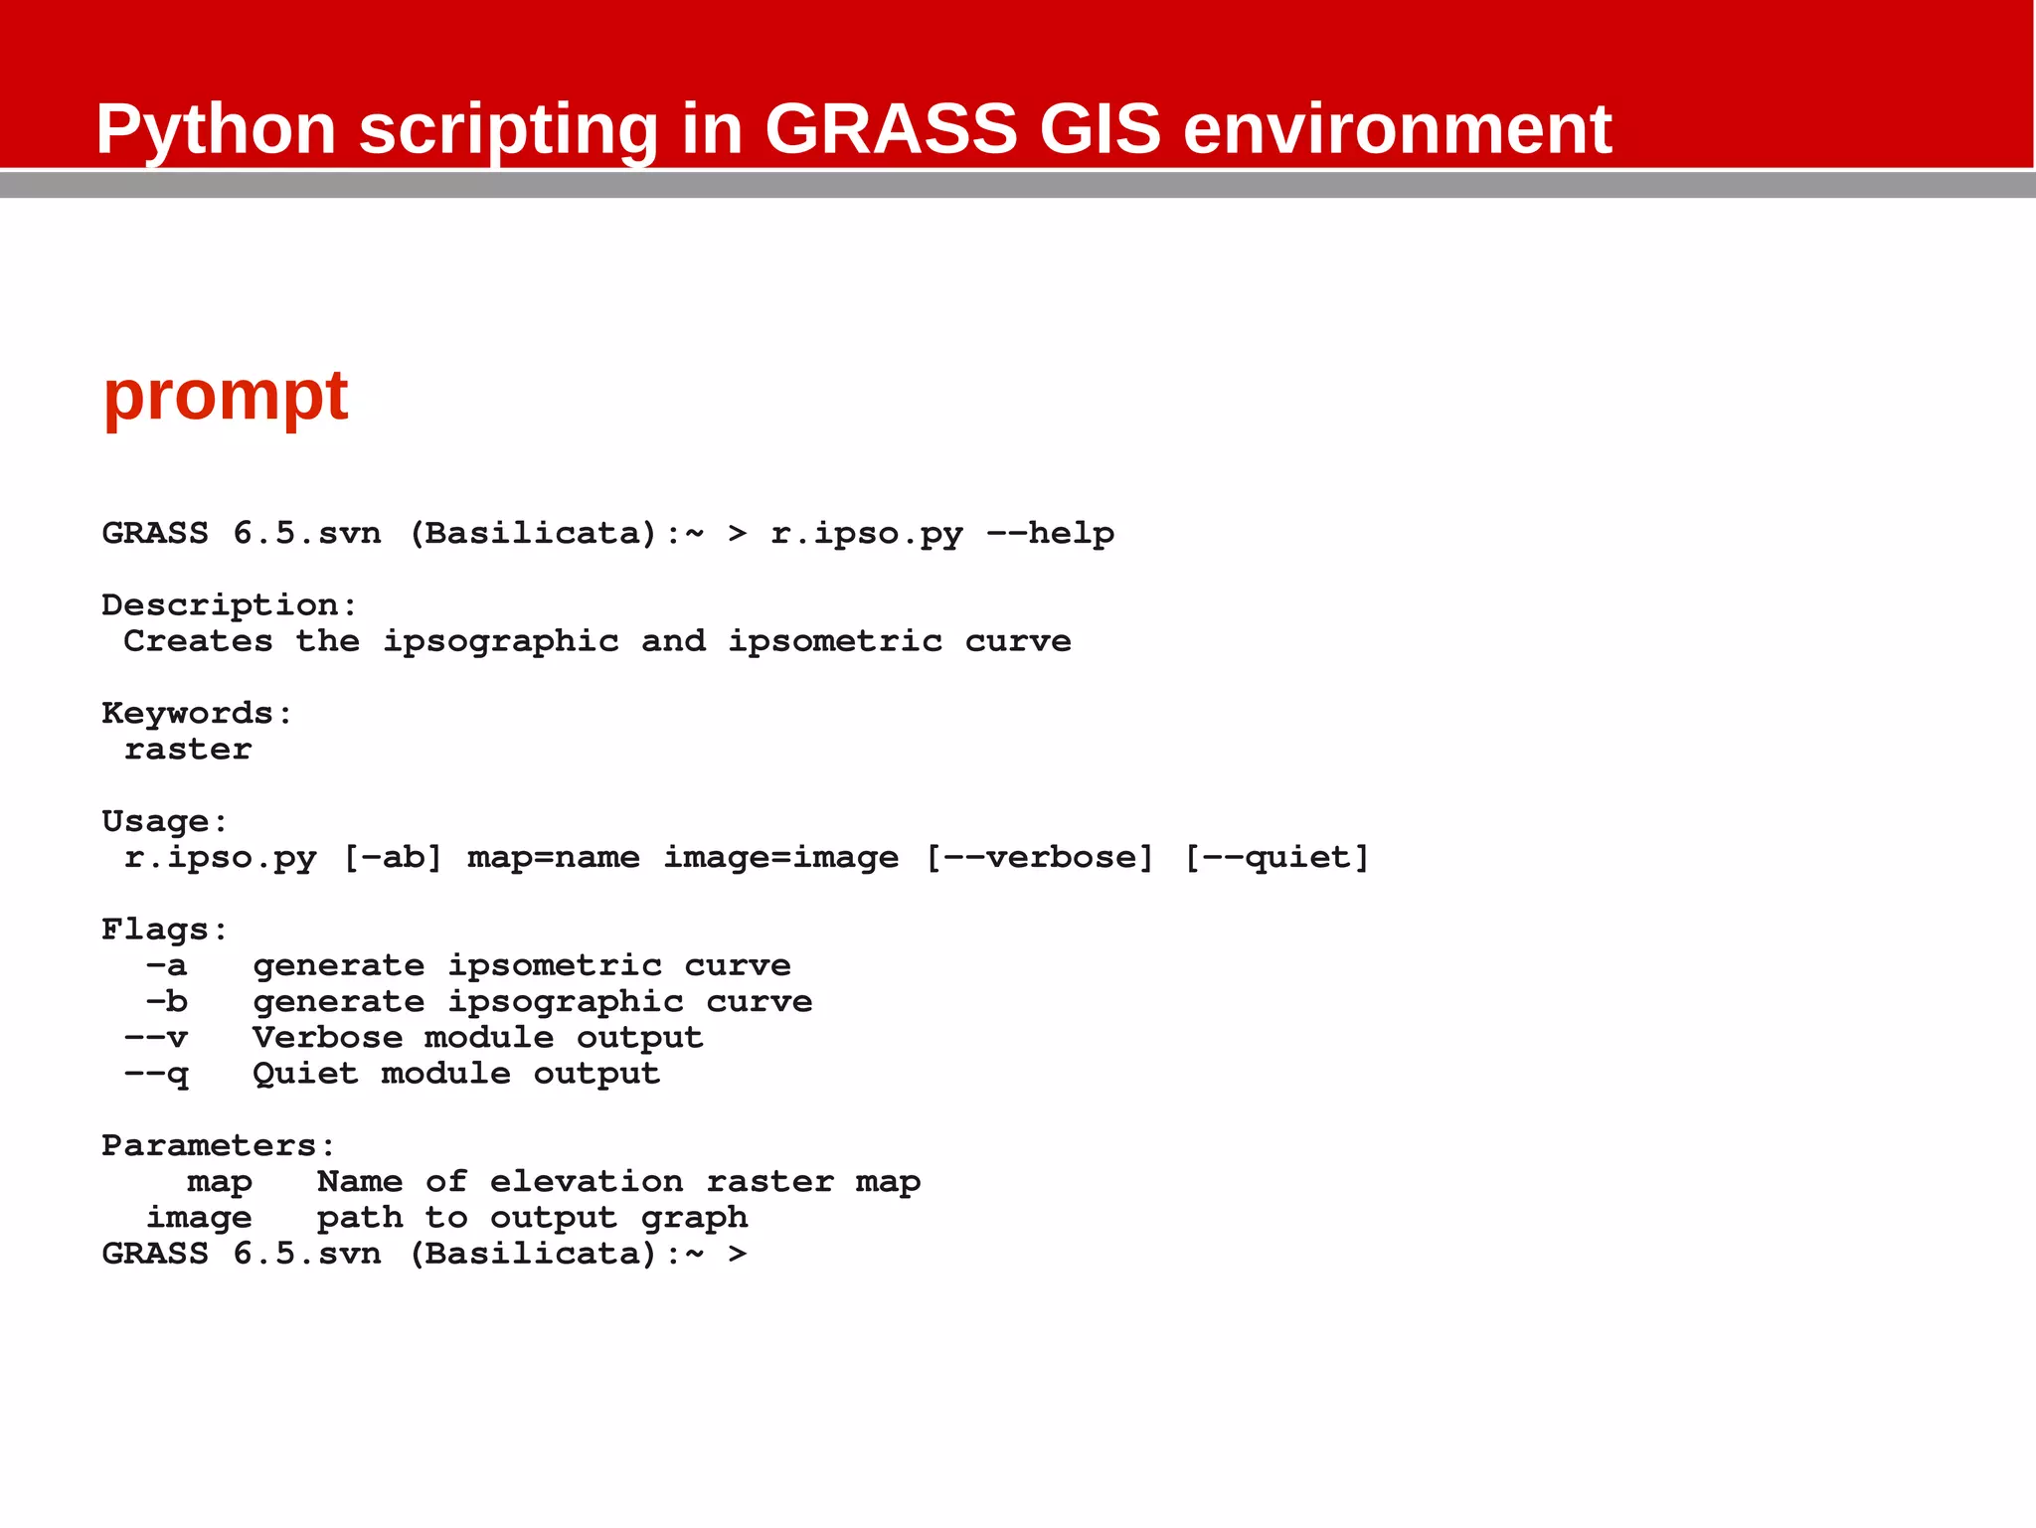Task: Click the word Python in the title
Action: pyautogui.click(x=216, y=131)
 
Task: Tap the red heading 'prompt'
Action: pyautogui.click(x=226, y=396)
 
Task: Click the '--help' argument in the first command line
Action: pyautogui.click(x=1050, y=534)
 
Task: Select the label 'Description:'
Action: pyautogui.click(x=229, y=605)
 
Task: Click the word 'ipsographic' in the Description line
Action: pyautogui.click(x=501, y=642)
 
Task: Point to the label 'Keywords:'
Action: pyautogui.click(x=197, y=714)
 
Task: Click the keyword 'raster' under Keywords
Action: pyautogui.click(x=188, y=750)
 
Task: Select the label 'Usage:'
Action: pyautogui.click(x=165, y=822)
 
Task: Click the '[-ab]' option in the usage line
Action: pyautogui.click(x=392, y=858)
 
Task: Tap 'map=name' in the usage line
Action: pyautogui.click(x=554, y=858)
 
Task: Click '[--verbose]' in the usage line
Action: pyautogui.click(x=1040, y=858)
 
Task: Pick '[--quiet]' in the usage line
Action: pyautogui.click(x=1277, y=858)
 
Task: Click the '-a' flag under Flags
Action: pyautogui.click(x=166, y=966)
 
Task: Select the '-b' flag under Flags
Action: pyautogui.click(x=166, y=1002)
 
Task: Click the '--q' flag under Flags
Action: pyautogui.click(x=156, y=1075)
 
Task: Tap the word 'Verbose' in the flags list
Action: pyautogui.click(x=327, y=1038)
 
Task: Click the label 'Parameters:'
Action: pyautogui.click(x=218, y=1146)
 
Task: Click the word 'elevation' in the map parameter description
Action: pyautogui.click(x=587, y=1182)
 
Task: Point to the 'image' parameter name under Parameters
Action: pyautogui.click(x=199, y=1218)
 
